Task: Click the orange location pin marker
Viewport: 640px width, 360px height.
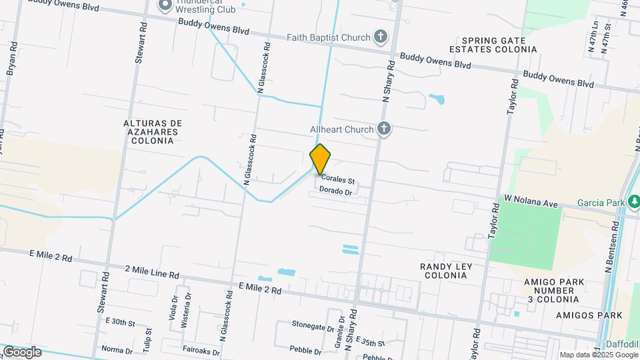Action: [321, 159]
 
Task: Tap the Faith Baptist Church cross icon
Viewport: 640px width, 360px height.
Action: [381, 37]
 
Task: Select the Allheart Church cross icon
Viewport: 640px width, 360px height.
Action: [383, 129]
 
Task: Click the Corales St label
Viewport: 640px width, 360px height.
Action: [337, 179]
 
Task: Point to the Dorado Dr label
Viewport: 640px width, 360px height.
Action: [335, 191]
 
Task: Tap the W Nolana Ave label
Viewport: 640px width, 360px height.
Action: [530, 200]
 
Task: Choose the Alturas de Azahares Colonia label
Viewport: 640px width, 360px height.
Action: [153, 132]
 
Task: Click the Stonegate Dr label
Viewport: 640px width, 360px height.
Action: [312, 327]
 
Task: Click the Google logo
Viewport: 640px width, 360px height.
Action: [22, 351]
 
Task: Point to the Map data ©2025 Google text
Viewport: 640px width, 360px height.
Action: [599, 355]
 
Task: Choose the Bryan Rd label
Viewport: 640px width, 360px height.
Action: [11, 60]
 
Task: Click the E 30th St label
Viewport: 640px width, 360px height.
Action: [120, 323]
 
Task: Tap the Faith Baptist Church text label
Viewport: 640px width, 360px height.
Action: [328, 37]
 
